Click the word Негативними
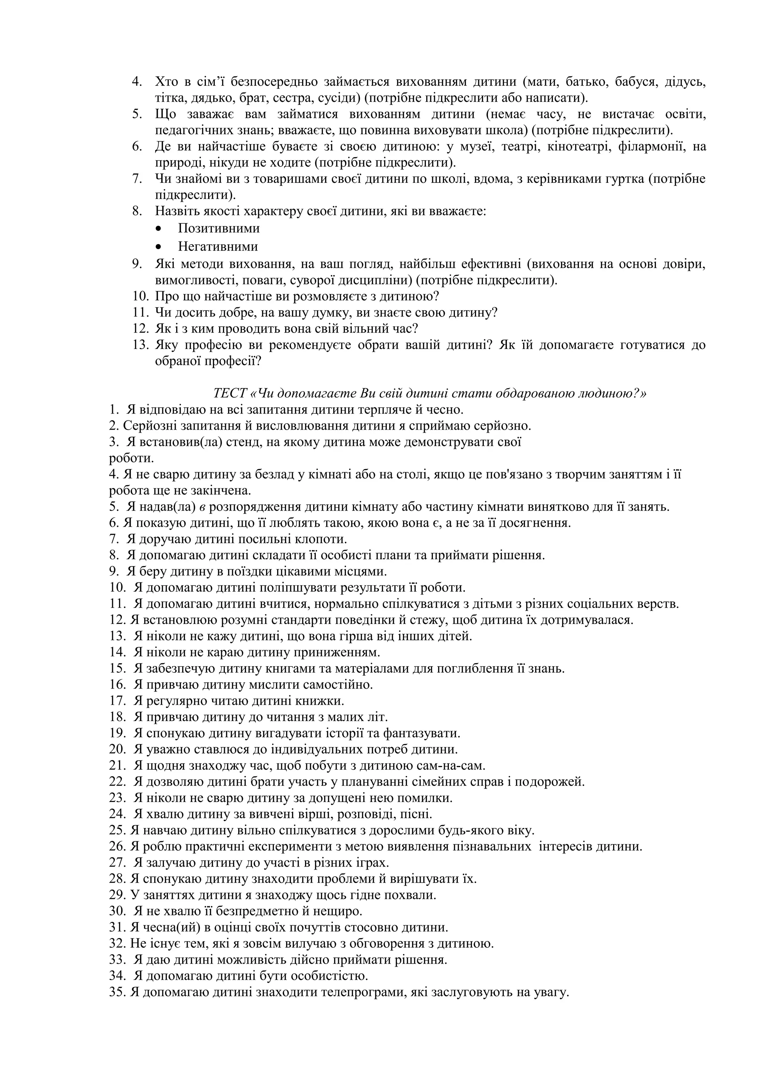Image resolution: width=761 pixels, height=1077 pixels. coord(218,246)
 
